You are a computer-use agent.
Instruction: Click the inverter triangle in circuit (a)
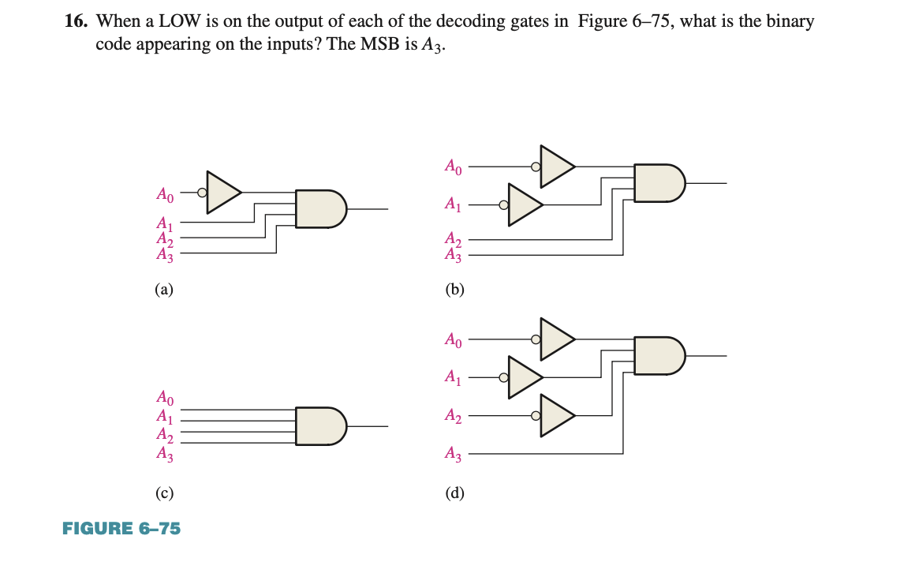pos(222,192)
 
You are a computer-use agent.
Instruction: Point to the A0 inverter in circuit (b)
pos(556,167)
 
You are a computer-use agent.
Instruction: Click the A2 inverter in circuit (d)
pos(556,416)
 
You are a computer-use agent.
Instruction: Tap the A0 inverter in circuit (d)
pos(556,339)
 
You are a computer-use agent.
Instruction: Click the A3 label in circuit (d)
pos(453,454)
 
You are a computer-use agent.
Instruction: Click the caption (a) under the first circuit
pos(163,289)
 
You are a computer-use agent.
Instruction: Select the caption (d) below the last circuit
pos(454,494)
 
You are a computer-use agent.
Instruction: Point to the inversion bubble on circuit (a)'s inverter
pos(203,192)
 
